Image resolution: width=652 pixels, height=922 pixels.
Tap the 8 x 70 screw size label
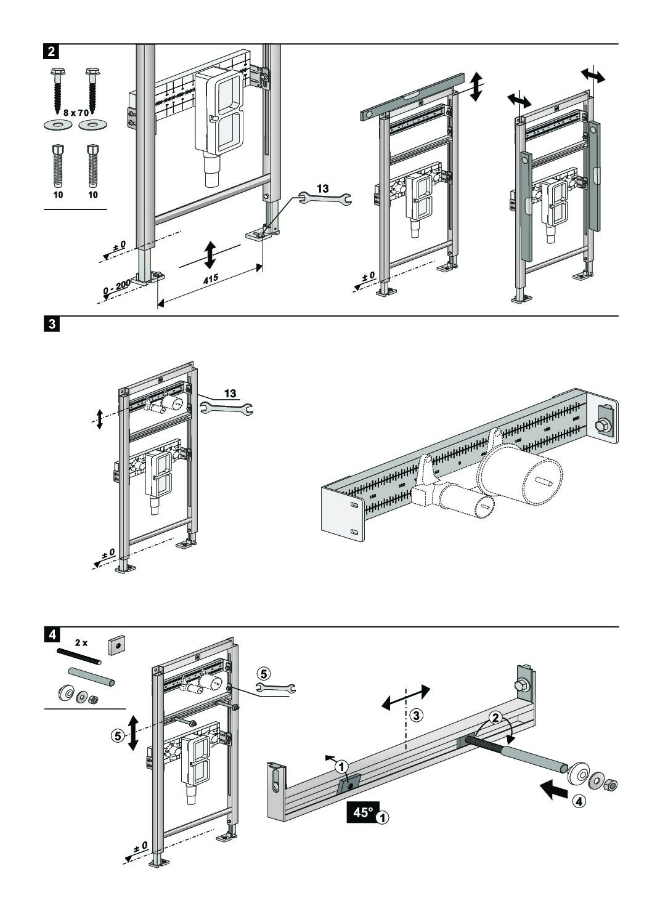coord(76,113)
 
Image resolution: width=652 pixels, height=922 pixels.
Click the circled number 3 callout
coord(417,714)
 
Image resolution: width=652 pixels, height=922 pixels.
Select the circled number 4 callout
coord(577,801)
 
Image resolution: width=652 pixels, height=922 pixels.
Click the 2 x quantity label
coord(81,642)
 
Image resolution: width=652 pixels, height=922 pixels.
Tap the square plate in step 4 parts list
coord(115,645)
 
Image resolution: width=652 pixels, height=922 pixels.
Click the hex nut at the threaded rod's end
coord(611,785)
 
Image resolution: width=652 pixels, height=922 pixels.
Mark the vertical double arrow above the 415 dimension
coord(210,255)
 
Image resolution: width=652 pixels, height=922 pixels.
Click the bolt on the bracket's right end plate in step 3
coord(601,424)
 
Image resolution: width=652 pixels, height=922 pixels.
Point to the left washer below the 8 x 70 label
coord(57,126)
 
